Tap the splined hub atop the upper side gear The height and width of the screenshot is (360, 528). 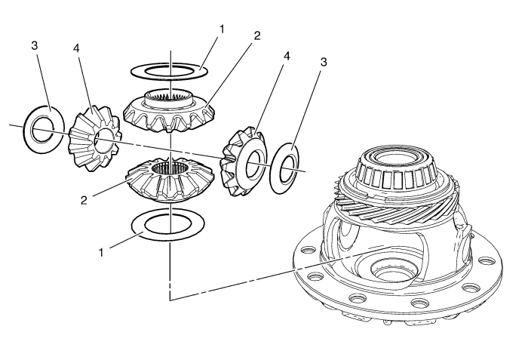pos(170,96)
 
